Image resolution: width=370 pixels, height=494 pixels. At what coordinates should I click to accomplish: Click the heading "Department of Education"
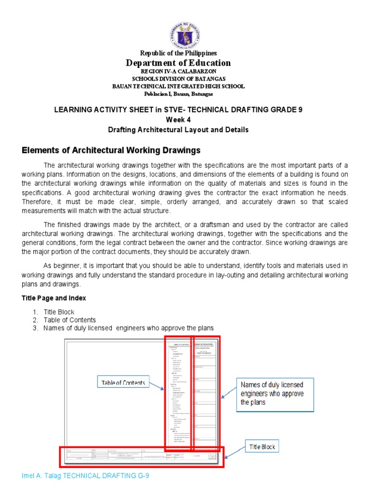tap(178, 63)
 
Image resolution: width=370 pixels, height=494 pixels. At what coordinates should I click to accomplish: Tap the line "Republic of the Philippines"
tap(178, 53)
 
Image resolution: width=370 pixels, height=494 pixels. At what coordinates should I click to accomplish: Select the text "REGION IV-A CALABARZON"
tap(178, 71)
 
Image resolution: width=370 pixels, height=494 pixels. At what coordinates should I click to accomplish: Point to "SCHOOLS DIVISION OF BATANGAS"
tap(178, 79)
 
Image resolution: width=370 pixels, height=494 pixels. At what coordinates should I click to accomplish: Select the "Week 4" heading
tap(178, 120)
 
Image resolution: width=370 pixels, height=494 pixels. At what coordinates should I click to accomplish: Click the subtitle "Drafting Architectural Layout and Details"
tap(178, 130)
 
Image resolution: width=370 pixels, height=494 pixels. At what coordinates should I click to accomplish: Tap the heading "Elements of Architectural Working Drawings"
tap(111, 151)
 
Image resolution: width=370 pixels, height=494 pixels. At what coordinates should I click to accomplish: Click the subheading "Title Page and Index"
tap(54, 298)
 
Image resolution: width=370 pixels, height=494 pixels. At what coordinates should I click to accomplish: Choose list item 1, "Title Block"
tap(59, 312)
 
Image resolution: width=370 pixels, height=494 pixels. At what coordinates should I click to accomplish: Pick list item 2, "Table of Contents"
tap(69, 320)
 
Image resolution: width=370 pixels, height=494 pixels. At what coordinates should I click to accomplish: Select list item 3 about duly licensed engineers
tap(128, 328)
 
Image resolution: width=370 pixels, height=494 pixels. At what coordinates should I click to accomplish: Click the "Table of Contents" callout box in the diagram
tap(123, 383)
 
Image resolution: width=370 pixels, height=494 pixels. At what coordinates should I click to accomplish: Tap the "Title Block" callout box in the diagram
tap(262, 447)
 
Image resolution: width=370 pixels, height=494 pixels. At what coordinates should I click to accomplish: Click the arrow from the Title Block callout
tap(235, 453)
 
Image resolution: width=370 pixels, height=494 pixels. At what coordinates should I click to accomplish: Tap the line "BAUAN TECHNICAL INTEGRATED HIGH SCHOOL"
tap(178, 86)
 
